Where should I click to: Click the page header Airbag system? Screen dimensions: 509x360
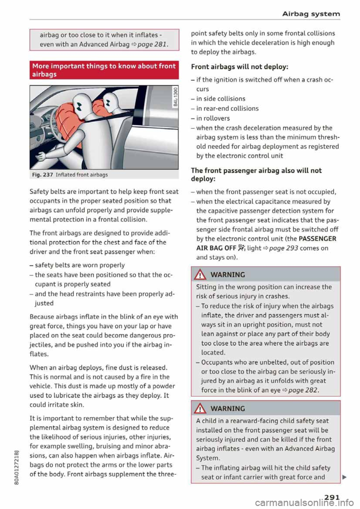pos(311,14)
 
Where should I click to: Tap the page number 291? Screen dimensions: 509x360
pos(332,497)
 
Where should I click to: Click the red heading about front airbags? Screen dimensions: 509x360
pos(104,70)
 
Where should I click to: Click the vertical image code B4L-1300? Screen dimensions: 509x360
pos(174,97)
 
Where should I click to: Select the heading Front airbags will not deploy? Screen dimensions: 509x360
pos(239,67)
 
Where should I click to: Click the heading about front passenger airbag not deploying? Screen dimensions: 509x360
pos(256,175)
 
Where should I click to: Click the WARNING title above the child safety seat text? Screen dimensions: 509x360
pos(228,409)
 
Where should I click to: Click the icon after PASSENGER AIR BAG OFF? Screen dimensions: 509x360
pos(241,248)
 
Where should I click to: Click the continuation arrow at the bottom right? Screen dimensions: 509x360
pos(344,477)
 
